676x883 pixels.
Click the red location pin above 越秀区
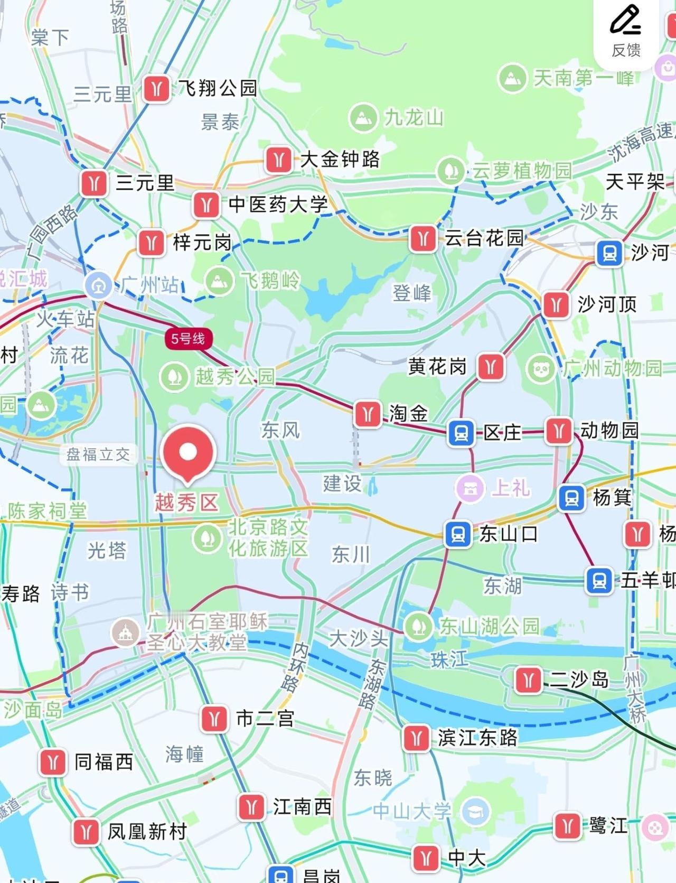pos(188,452)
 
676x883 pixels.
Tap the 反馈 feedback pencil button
pos(626,32)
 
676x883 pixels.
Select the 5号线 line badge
pos(188,338)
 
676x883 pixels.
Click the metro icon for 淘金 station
pos(368,414)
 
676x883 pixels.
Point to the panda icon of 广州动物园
pos(541,368)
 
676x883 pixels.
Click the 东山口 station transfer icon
pos(458,534)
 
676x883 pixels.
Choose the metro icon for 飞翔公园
pos(156,88)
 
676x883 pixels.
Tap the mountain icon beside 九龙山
pos(363,117)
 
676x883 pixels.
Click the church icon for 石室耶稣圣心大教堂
pos(125,632)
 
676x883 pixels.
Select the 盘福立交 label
pos(98,454)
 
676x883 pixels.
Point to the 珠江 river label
pos(449,659)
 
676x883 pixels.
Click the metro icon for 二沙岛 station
pos(528,680)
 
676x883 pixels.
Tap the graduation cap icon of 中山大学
pos(475,811)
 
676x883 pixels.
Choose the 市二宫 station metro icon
pos(214,719)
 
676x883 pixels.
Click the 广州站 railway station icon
pos(98,285)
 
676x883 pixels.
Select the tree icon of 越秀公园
pos(174,377)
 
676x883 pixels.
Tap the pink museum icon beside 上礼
pos(471,488)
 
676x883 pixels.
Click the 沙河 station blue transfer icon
pos(609,253)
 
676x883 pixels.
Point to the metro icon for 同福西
pos(53,762)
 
